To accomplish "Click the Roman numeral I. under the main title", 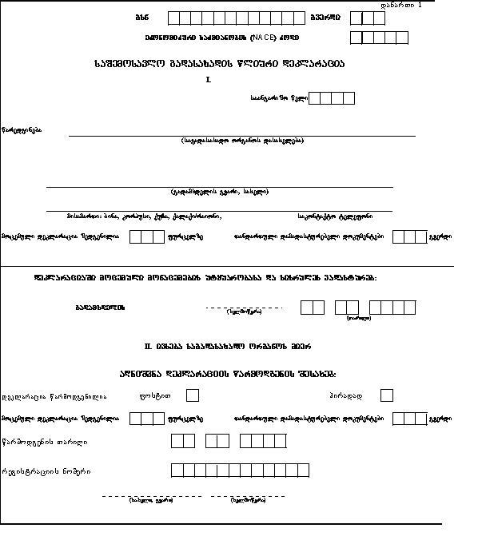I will [209, 80].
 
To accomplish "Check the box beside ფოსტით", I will [192, 395].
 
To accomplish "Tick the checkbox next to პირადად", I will [387, 395].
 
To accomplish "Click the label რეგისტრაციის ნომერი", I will [46, 471].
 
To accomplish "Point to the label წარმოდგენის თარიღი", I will [45, 442].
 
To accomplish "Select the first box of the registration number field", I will [177, 471].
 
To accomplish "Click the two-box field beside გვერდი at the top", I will [361, 18].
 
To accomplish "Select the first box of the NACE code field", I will [357, 38].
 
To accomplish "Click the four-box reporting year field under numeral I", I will [331, 97].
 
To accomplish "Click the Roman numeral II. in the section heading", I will [148, 346].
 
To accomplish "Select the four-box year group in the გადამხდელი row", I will [392, 307].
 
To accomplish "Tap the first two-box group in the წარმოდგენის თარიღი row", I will [183, 441].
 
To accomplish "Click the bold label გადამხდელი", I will [100, 308].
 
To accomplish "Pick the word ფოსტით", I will [161, 395].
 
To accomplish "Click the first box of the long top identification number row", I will [174, 18].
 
